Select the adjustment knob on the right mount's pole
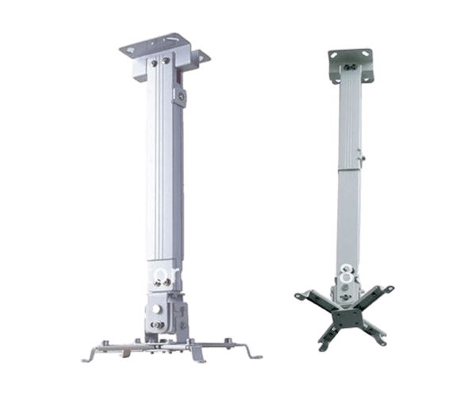point(363,159)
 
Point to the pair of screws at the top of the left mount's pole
point(164,59)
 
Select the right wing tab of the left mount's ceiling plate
point(205,55)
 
